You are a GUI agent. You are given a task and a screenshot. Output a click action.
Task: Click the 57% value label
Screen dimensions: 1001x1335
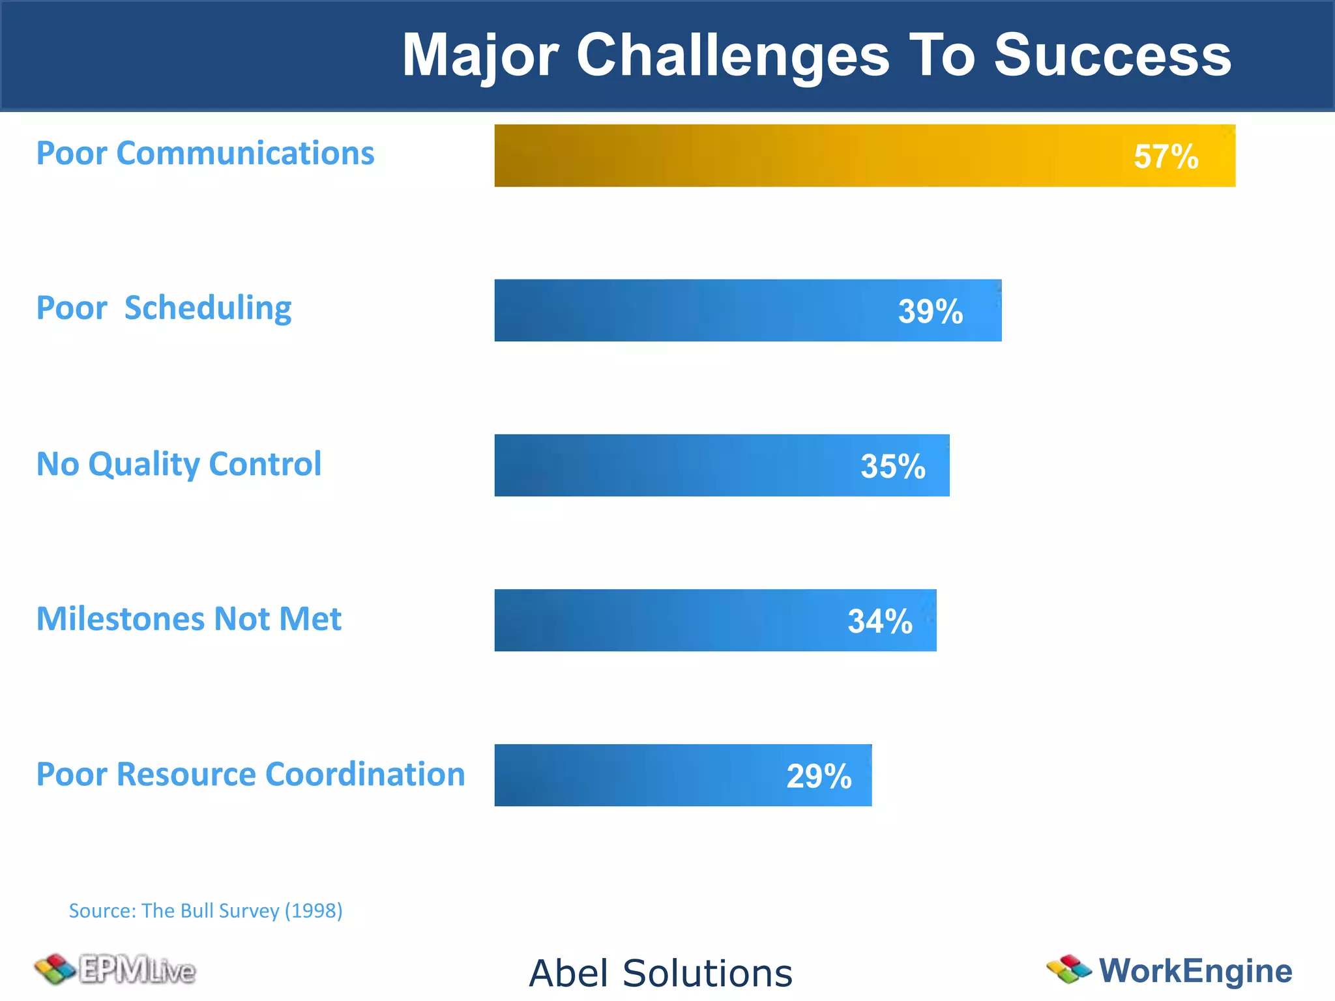(1166, 156)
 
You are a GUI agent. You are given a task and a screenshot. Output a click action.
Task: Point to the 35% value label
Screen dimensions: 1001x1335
(892, 466)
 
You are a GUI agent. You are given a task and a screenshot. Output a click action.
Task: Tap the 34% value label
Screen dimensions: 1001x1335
(879, 621)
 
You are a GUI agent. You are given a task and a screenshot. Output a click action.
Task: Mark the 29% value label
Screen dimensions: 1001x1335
(819, 776)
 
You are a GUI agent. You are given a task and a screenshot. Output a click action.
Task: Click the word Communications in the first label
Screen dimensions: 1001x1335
(245, 153)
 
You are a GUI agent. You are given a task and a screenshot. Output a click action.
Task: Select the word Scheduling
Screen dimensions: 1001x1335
(208, 308)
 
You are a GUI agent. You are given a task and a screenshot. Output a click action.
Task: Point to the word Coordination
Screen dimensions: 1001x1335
(365, 774)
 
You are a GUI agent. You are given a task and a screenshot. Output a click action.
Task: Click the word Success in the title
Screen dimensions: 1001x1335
(1112, 55)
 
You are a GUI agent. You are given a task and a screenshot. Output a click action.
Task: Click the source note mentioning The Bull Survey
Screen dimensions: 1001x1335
(205, 910)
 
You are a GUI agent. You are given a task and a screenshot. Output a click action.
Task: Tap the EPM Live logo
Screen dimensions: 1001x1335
(115, 970)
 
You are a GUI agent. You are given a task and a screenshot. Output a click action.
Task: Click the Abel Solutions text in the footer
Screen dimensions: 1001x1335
(660, 973)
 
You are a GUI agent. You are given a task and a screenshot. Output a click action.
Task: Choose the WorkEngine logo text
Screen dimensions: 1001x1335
(1195, 970)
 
